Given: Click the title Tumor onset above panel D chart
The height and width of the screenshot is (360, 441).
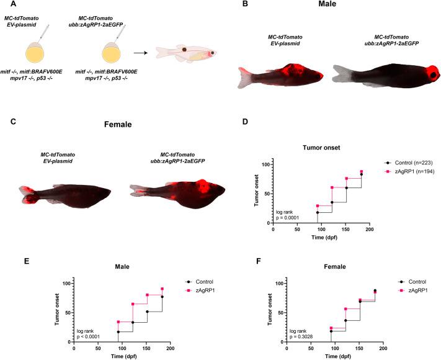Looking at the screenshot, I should coord(321,148).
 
